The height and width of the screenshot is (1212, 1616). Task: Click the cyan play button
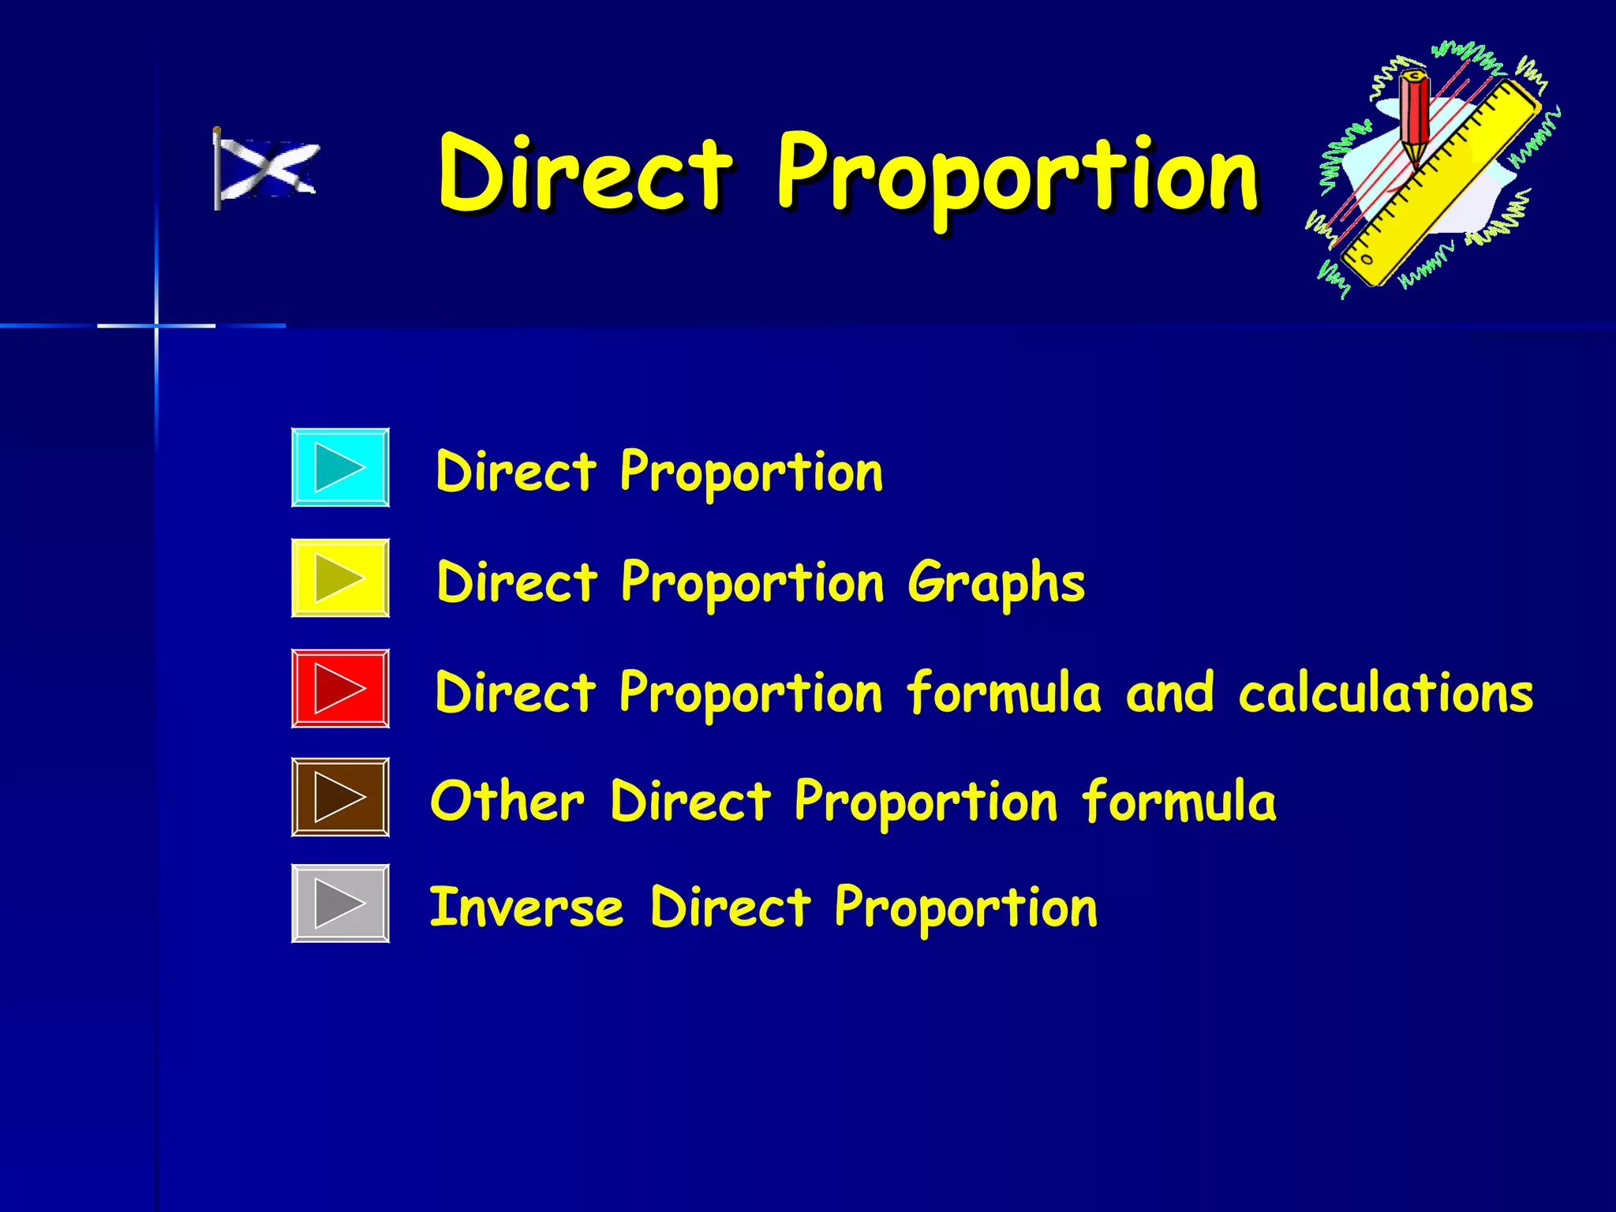(x=340, y=467)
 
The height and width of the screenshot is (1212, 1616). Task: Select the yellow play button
(x=340, y=578)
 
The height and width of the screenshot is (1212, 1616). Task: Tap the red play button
(x=340, y=688)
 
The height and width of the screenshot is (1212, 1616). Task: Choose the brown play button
(x=340, y=797)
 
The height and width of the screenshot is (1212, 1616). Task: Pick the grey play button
(x=340, y=903)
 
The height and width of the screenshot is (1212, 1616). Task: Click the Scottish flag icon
(x=266, y=169)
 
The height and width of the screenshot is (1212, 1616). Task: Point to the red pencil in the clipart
(x=1416, y=118)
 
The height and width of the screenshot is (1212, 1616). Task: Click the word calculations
(x=1386, y=693)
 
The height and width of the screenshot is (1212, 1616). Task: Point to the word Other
(x=507, y=801)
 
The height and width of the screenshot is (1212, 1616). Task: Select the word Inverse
(x=526, y=907)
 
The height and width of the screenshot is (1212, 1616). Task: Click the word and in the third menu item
(x=1169, y=693)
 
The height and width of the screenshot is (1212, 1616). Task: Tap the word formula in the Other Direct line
(x=1179, y=801)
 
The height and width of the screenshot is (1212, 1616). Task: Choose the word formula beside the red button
(x=1004, y=693)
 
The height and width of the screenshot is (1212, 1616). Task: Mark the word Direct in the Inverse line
(x=730, y=907)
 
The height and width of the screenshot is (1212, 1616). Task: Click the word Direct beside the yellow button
(x=517, y=582)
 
